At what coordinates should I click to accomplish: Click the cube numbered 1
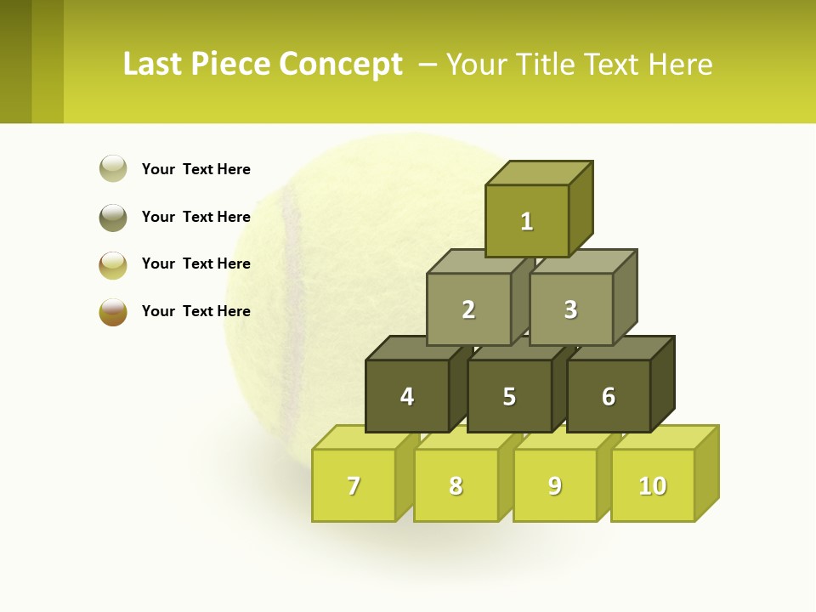coord(527,221)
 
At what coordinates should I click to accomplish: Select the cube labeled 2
coord(468,309)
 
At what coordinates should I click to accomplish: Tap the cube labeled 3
coord(570,309)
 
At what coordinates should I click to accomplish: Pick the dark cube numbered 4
coord(407,396)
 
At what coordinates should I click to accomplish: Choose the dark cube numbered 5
coord(509,396)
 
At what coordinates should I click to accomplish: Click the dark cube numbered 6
coord(609,396)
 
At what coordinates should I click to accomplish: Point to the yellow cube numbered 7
coord(354,485)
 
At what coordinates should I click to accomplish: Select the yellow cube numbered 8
coord(456,485)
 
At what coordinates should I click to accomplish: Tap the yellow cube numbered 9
coord(555,485)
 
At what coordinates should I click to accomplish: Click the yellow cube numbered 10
coord(653,485)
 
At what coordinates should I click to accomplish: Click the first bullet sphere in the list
coord(113,168)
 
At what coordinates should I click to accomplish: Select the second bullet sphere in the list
coord(113,217)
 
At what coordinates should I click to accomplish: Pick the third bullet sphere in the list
coord(113,264)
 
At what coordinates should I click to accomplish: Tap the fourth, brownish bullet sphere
coord(113,311)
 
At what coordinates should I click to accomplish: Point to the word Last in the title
coord(152,65)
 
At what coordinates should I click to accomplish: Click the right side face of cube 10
coord(706,473)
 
